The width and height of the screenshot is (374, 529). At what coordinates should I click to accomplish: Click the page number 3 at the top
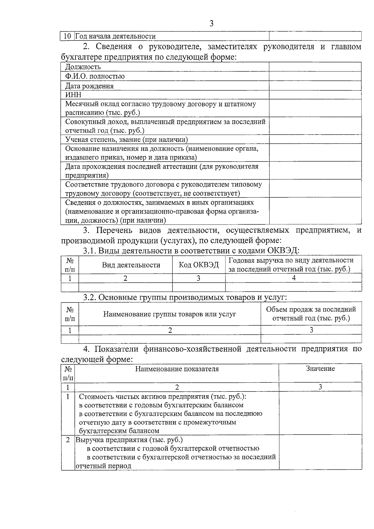coord(212,24)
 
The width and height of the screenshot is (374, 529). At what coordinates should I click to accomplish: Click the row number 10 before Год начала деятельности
coord(67,36)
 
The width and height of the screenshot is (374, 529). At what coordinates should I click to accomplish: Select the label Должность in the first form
coord(83,67)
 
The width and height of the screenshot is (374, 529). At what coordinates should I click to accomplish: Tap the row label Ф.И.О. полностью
coord(95,76)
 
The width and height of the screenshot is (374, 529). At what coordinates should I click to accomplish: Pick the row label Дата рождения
coord(89,86)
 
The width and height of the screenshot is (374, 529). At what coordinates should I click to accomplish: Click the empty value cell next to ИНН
coord(315,95)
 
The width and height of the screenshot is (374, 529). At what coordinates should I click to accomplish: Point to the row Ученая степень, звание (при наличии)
coord(127,139)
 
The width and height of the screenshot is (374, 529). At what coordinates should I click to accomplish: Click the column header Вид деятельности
coord(131,265)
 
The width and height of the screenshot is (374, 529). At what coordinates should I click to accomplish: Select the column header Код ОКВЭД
coord(199,265)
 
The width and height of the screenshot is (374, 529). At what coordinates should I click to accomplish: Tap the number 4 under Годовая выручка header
coord(294,278)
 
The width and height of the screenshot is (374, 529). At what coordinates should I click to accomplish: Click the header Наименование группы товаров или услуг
coord(170,314)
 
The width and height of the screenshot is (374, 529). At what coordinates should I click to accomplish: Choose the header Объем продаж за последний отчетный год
coord(311,314)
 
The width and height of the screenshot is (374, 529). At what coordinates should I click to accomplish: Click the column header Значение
coord(320,369)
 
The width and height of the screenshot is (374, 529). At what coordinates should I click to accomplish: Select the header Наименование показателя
coord(177,369)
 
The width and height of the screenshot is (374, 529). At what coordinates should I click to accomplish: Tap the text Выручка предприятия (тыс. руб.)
coord(129,440)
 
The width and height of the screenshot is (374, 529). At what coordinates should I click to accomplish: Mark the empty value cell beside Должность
coord(315,67)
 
